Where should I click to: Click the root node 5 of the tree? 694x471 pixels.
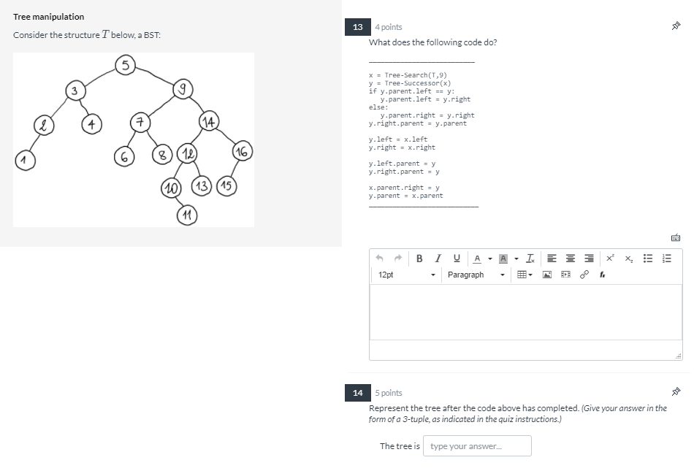tap(126, 66)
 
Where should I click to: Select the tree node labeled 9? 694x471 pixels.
tap(182, 90)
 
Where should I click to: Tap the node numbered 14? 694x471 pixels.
tap(208, 121)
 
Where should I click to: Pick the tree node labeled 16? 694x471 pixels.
tap(241, 152)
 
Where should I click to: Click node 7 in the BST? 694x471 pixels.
tap(139, 120)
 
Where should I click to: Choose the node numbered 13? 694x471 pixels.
tap(202, 185)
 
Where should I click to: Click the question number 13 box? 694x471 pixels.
tap(357, 27)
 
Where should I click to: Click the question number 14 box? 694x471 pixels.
tap(357, 393)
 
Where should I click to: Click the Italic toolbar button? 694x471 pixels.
tap(438, 259)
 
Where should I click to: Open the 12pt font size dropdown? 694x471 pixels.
tap(407, 275)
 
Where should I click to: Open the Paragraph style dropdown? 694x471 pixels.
tap(476, 275)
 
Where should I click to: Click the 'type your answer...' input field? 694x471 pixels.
tap(477, 446)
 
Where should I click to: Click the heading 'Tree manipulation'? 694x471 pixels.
tap(48, 17)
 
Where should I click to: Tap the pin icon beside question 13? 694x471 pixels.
tap(676, 27)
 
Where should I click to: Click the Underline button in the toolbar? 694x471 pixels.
tap(457, 259)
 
